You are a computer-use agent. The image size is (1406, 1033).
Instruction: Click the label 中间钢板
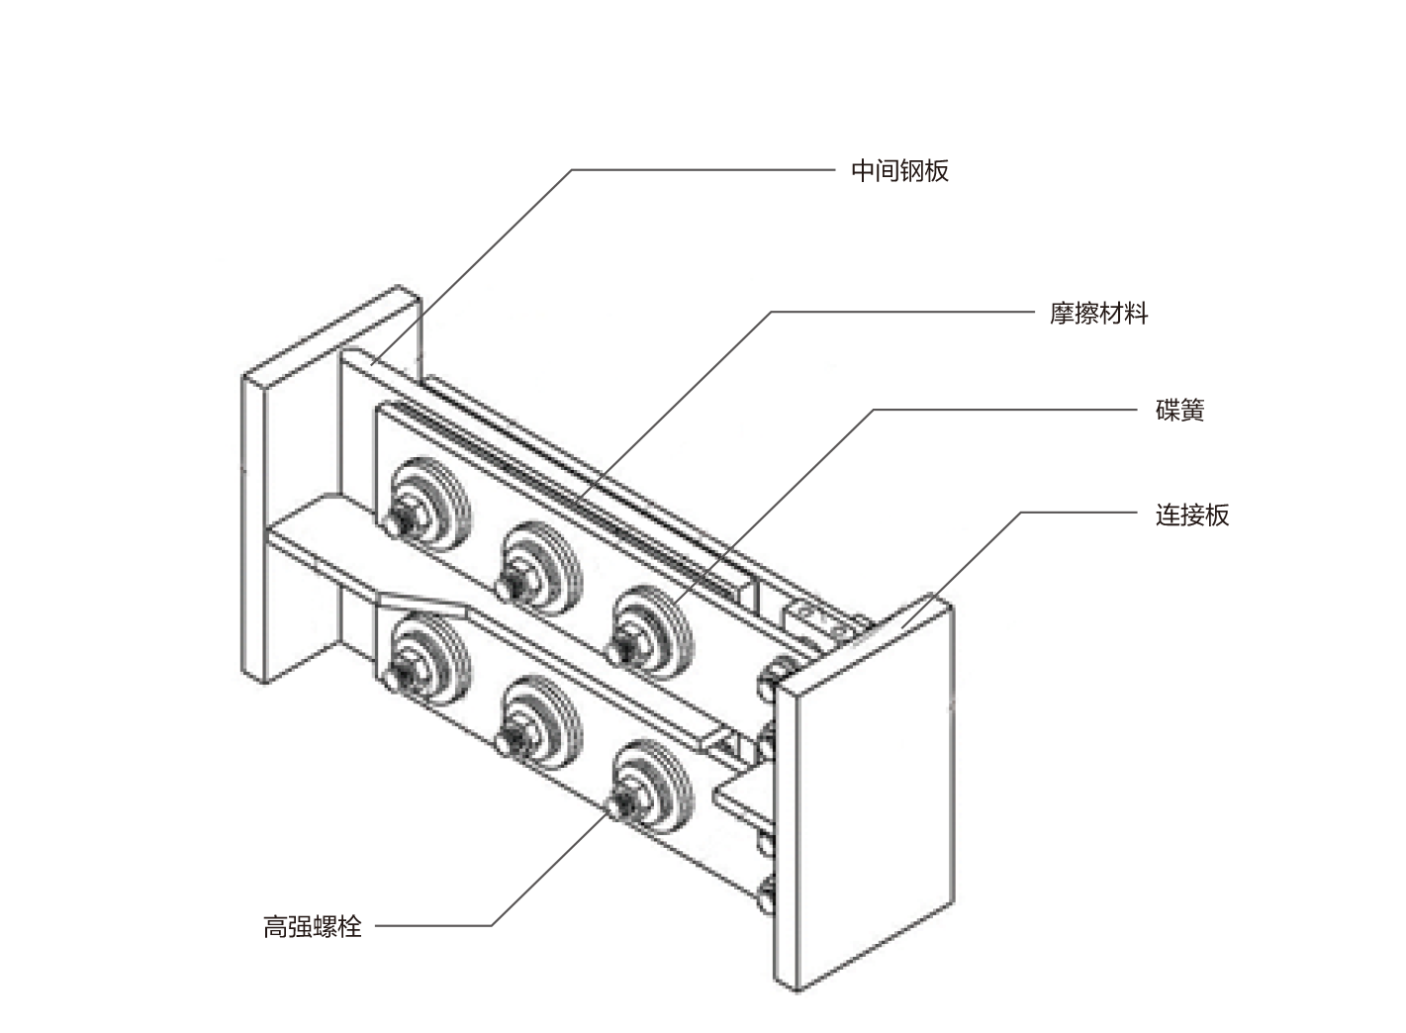(x=899, y=171)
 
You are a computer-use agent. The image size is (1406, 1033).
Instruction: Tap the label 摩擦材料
(x=1098, y=313)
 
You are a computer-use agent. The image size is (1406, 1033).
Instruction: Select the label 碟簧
(x=1179, y=411)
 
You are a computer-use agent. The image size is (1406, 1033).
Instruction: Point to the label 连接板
(x=1192, y=516)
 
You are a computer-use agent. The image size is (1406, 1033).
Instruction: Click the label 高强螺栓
(x=313, y=927)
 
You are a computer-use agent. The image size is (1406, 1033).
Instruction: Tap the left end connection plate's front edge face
(x=253, y=528)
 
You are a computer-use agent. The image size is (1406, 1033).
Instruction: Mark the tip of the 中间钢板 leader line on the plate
(x=372, y=365)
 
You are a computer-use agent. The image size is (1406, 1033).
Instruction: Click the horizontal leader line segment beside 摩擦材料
(x=902, y=312)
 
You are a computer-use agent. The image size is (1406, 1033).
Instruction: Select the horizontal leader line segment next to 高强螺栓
(x=433, y=926)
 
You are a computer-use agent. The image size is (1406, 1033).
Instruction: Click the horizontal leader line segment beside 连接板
(x=1078, y=513)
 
